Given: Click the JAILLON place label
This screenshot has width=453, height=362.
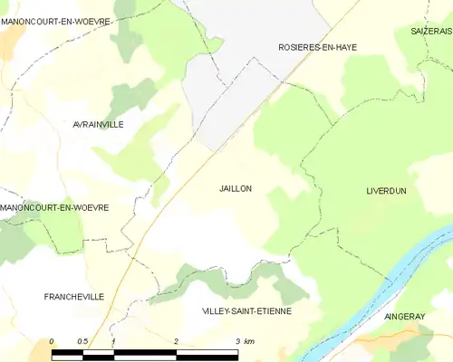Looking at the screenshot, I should click(x=236, y=189).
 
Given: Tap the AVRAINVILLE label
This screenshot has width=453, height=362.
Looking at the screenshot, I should click(x=98, y=124).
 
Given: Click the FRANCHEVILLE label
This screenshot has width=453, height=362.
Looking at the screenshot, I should click(x=73, y=297).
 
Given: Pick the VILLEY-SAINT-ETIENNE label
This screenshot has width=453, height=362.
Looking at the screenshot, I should click(x=246, y=310).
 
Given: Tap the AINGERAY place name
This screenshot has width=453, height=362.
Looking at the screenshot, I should click(x=404, y=317).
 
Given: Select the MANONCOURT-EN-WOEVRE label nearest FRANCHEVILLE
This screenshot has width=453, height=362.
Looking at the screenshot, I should click(x=55, y=208).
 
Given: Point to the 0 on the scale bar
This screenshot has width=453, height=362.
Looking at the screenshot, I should click(x=52, y=341).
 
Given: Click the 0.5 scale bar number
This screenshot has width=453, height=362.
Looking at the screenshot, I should click(x=82, y=341).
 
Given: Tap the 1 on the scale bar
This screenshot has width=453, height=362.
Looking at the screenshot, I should click(x=113, y=341).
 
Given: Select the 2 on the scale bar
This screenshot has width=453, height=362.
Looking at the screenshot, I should click(x=175, y=341).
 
